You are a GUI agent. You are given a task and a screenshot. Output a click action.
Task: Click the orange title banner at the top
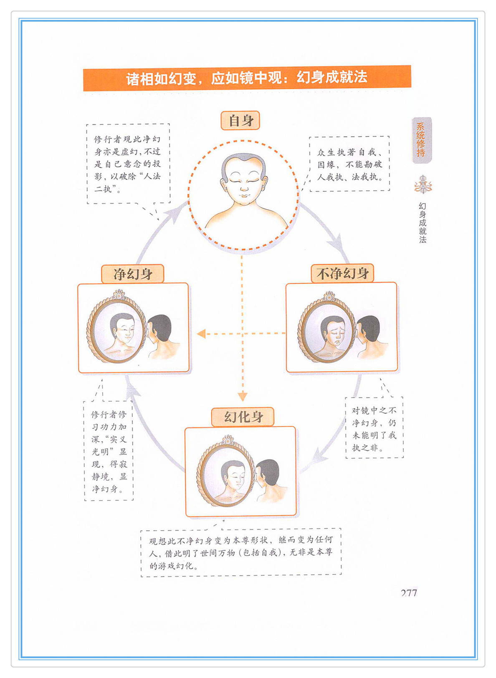pyautogui.click(x=247, y=78)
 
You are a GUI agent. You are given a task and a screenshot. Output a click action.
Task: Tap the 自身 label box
pyautogui.click(x=240, y=121)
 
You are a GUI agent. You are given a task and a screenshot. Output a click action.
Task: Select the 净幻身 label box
pyautogui.click(x=132, y=274)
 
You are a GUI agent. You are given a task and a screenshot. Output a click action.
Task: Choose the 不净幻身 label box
pyautogui.click(x=342, y=273)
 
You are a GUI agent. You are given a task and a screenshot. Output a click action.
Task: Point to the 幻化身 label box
pyautogui.click(x=243, y=417)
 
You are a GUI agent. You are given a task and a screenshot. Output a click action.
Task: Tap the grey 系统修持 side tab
pyautogui.click(x=422, y=140)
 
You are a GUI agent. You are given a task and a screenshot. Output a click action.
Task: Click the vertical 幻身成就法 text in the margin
pyautogui.click(x=423, y=223)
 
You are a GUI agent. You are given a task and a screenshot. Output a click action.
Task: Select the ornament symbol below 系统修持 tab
pyautogui.click(x=423, y=184)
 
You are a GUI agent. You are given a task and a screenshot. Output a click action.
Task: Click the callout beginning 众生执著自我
pyautogui.click(x=349, y=164)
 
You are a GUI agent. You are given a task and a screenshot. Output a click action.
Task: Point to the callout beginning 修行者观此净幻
pyautogui.click(x=128, y=164)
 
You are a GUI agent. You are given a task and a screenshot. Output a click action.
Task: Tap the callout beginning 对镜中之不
pyautogui.click(x=375, y=428)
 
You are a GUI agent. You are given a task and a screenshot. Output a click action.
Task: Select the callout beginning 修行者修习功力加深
pyautogui.click(x=109, y=451)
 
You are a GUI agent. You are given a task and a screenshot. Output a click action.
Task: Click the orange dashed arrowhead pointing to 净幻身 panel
pyautogui.click(x=201, y=334)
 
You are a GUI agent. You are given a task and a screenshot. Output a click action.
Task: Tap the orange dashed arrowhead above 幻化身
pyautogui.click(x=243, y=397)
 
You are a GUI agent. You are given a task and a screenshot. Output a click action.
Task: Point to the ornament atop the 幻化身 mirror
pyautogui.click(x=228, y=440)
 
